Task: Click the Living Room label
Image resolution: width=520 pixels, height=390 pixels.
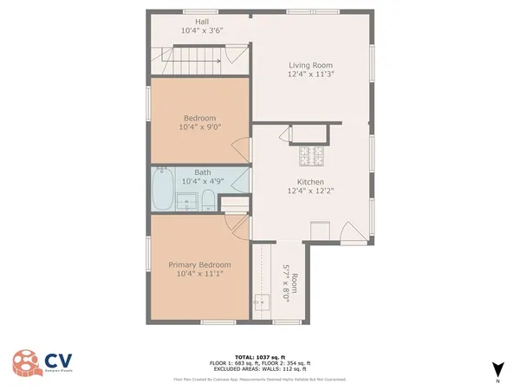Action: click(x=310, y=65)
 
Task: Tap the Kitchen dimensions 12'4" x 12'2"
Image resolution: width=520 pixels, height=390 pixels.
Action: click(x=310, y=192)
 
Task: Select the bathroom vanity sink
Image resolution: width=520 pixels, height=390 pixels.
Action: click(x=186, y=204)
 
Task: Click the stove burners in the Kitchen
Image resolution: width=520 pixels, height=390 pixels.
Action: click(x=310, y=156)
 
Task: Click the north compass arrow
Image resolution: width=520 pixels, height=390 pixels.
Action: click(x=497, y=368)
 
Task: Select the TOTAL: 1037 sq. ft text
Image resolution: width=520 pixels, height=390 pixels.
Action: click(x=259, y=356)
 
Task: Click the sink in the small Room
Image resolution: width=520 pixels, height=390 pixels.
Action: click(x=259, y=302)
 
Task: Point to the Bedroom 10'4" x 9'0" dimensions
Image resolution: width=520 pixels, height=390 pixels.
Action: click(x=200, y=127)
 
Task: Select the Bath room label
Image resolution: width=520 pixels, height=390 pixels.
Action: click(x=202, y=172)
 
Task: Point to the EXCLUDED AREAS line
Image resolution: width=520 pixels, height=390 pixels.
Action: click(x=259, y=368)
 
